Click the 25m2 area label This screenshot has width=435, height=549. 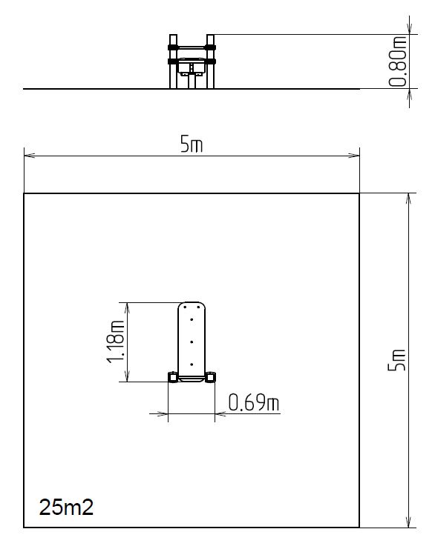pos(66,507)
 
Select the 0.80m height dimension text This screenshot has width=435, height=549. pos(398,61)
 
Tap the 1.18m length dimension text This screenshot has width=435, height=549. pos(116,342)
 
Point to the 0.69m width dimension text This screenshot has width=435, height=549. pos(254,402)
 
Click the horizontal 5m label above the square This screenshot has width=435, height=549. pos(192,144)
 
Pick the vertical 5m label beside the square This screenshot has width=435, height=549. pos(396,360)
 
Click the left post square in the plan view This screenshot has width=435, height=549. pos(173,377)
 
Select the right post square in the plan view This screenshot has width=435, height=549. pos(210,377)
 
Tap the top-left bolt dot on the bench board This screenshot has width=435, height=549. pos(185,307)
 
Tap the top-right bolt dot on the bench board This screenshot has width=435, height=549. pos(198,307)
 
